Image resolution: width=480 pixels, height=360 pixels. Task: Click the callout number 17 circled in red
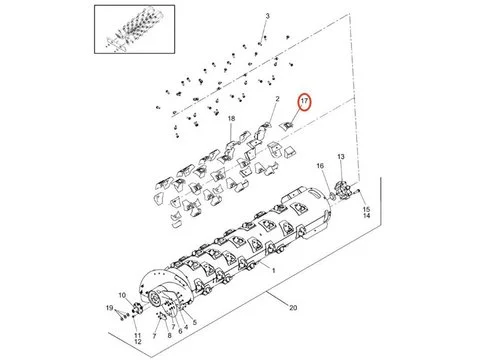pos(304,101)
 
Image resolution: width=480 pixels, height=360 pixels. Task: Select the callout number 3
pos(267,16)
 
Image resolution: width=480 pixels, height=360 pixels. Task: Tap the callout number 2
pos(277,99)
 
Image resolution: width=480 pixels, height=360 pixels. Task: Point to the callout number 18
pos(231,118)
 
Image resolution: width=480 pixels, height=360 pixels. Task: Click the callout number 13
pos(341,157)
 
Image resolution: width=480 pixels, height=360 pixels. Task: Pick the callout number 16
pos(320,166)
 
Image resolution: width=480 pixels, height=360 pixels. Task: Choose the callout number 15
pos(366,209)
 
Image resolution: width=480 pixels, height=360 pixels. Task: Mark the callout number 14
pos(366,216)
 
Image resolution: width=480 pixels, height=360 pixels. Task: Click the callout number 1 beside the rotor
pos(274,271)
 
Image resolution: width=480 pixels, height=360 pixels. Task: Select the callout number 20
pos(293,307)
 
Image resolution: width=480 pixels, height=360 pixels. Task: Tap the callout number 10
pos(122,295)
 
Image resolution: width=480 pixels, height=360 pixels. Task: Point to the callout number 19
pos(109,308)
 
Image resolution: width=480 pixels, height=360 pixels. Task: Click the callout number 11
pos(138,335)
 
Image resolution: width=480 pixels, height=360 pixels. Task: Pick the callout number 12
pos(138,342)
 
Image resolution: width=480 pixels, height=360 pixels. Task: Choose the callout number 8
pos(169,335)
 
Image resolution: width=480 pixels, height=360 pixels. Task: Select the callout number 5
pos(194,322)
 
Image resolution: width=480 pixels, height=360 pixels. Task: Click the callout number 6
pos(180,331)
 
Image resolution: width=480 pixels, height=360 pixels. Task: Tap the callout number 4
pos(186,327)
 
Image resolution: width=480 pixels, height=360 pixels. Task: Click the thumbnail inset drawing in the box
pos(134,29)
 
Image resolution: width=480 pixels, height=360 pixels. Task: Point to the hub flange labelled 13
pos(342,191)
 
